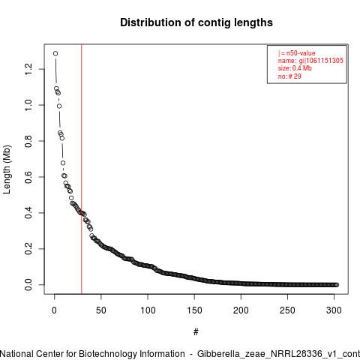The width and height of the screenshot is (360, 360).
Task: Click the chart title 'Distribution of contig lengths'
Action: coord(196,22)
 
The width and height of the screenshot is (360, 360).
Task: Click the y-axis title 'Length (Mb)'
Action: coord(7,169)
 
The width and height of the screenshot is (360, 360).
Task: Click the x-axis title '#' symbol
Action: coord(196,332)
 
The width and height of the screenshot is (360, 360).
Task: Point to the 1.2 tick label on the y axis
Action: coord(28,69)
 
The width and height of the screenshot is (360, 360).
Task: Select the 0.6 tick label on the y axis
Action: coord(28,177)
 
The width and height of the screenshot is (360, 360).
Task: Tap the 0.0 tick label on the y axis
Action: coord(28,285)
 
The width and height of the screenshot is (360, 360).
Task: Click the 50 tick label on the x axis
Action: coord(101,310)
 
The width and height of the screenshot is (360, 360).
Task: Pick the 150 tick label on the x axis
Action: coord(194,310)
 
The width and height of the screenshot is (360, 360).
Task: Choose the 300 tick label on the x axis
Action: coord(334,310)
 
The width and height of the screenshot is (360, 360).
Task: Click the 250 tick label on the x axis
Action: coord(287,310)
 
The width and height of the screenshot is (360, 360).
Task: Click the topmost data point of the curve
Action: coord(55,53)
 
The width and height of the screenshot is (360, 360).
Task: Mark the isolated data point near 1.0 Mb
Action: coord(59,106)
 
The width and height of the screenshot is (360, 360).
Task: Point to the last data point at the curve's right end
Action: coord(337,285)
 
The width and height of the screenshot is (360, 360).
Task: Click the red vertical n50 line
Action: coord(82,169)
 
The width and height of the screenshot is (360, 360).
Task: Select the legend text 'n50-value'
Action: coord(301,53)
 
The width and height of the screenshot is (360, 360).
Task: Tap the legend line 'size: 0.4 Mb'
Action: coord(295,68)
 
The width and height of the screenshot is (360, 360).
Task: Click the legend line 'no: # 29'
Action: coord(289,76)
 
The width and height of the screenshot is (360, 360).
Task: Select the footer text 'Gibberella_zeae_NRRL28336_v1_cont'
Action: coord(278,354)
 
